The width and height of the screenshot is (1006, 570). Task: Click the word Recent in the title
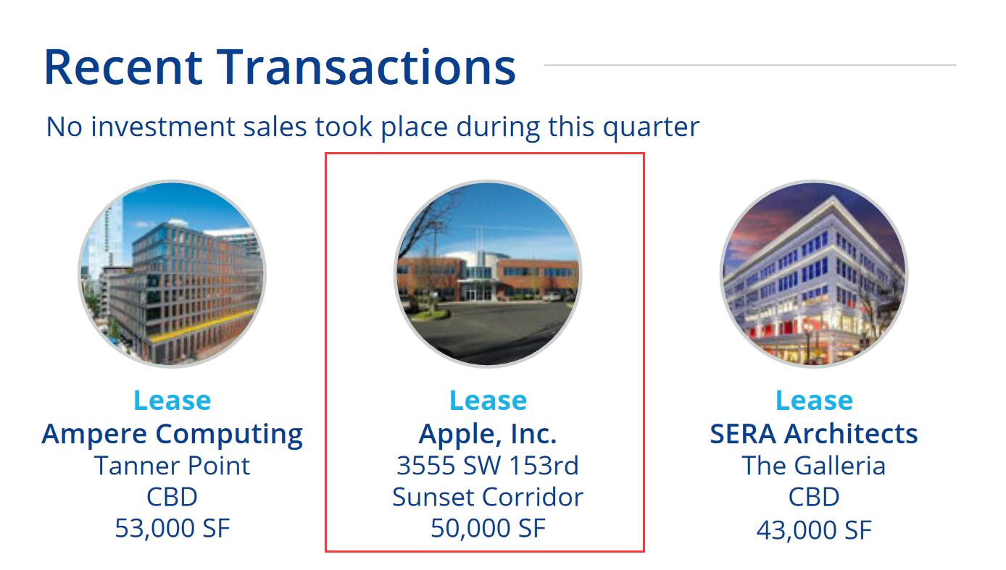tap(123, 67)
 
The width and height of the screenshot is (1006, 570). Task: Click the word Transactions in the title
tap(366, 67)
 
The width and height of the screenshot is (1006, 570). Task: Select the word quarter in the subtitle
tap(651, 128)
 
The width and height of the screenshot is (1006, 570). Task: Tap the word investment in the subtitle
tap(162, 127)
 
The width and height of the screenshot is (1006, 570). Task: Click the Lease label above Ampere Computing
tap(172, 401)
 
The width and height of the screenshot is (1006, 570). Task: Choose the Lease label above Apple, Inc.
tap(489, 401)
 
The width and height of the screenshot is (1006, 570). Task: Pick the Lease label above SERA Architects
tap(814, 401)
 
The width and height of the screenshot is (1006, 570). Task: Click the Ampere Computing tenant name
tap(172, 435)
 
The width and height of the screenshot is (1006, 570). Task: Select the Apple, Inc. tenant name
tap(488, 434)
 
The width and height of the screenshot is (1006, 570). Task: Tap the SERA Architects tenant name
tap(814, 434)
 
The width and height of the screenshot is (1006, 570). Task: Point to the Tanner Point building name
tap(172, 466)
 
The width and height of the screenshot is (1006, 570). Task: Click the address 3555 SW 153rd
tap(488, 466)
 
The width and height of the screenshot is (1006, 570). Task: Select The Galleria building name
tap(814, 466)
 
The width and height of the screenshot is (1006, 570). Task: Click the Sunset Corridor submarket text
tap(488, 498)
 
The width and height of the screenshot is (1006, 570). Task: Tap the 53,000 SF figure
tap(172, 528)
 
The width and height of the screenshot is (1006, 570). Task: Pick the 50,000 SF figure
tap(489, 528)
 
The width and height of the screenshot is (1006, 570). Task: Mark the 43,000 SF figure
tap(814, 530)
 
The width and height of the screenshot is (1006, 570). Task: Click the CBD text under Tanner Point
tap(172, 498)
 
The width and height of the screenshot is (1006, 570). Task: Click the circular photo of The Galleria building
tap(814, 274)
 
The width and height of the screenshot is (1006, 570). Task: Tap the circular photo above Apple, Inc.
tap(488, 274)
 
